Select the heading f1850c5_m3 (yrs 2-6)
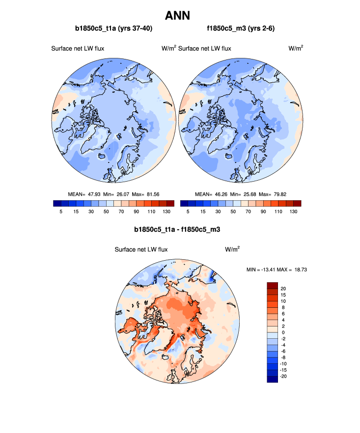(x=241, y=29)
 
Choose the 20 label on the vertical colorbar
(x=283, y=288)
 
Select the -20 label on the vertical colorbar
(x=284, y=376)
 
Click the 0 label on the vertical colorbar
(x=282, y=332)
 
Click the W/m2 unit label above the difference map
(x=232, y=249)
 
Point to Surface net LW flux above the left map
(x=78, y=48)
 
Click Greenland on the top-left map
(x=91, y=137)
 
